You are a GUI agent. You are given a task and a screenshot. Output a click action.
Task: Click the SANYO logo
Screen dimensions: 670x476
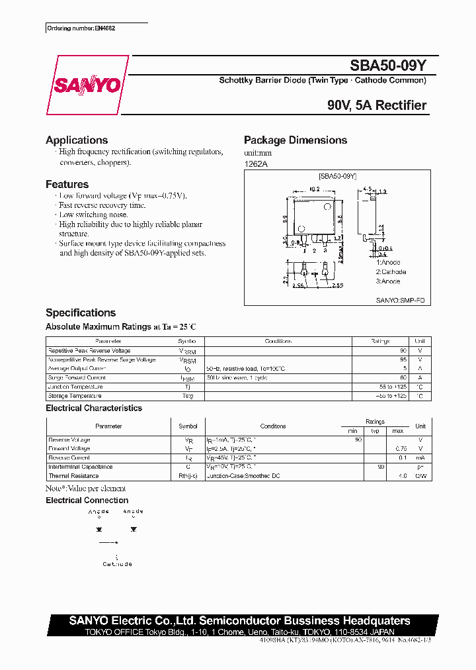(87, 85)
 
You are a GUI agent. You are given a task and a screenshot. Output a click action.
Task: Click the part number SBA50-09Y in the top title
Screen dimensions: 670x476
(388, 66)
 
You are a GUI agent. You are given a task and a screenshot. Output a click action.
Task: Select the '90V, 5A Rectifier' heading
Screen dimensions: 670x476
(376, 105)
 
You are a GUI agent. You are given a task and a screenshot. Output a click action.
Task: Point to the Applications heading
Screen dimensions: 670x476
(77, 140)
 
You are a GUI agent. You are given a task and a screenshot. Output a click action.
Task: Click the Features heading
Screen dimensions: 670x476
(67, 185)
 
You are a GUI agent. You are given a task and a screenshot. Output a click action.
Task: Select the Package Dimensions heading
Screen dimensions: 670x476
(295, 140)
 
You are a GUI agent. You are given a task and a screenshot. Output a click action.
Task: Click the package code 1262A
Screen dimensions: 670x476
(257, 164)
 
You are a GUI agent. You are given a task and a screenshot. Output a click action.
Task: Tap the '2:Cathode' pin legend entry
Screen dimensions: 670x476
(391, 272)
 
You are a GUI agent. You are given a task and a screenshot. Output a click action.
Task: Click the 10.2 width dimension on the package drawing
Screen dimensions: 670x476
(315, 189)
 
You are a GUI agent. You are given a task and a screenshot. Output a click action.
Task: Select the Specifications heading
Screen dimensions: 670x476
(80, 312)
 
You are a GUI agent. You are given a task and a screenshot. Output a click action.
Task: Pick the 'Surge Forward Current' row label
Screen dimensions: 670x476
(77, 378)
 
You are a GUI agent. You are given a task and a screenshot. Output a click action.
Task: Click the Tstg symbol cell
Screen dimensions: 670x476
(188, 396)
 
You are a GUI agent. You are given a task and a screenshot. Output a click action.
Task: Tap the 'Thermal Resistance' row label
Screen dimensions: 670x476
(73, 476)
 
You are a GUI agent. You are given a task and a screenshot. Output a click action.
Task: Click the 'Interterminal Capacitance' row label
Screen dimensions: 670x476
(80, 467)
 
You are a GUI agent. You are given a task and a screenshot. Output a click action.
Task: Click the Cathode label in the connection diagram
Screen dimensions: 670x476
(117, 564)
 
